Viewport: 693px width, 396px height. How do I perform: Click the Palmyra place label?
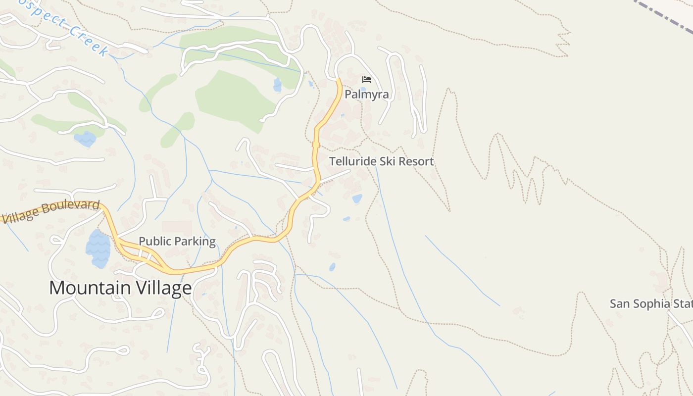[366, 94]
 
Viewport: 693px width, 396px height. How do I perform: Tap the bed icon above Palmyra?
[367, 80]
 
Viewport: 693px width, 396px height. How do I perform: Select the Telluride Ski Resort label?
[381, 161]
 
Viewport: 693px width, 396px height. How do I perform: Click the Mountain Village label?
[120, 288]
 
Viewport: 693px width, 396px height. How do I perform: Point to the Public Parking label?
[177, 241]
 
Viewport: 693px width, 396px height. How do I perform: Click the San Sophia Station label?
[650, 303]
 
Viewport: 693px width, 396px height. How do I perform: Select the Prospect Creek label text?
[64, 27]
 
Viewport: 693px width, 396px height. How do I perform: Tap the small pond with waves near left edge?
[85, 139]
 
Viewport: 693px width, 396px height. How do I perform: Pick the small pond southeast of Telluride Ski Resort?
[357, 199]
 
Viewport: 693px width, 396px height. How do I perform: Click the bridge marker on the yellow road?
[316, 145]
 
